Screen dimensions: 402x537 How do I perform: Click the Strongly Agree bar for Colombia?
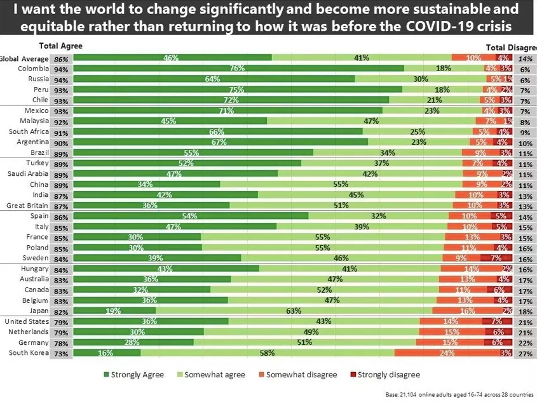coord(238,68)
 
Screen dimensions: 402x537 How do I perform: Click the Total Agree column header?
coord(60,46)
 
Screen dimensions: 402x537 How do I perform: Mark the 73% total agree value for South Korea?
coord(62,352)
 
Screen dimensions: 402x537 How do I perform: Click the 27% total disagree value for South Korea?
coord(525,352)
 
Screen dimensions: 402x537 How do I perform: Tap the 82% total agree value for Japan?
coord(62,311)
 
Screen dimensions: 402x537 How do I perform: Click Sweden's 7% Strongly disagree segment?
coord(495,258)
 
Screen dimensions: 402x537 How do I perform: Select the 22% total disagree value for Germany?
coord(525,342)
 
